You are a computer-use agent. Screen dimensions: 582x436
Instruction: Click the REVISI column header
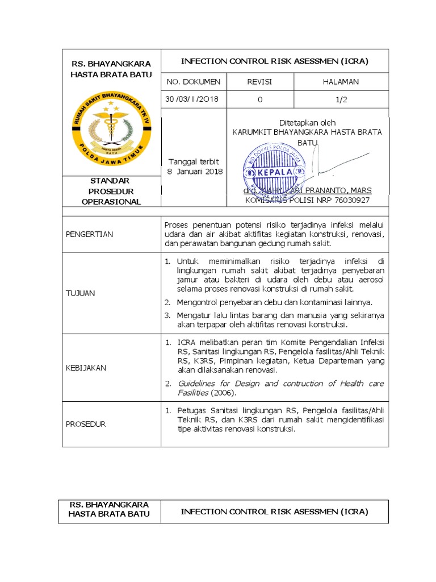259,82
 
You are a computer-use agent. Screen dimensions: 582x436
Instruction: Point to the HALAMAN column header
341,82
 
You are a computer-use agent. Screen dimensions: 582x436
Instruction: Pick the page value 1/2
341,99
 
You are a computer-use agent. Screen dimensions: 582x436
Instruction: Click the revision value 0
259,99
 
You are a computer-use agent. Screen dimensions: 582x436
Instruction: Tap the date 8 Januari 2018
194,172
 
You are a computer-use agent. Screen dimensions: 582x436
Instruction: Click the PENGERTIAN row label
90,234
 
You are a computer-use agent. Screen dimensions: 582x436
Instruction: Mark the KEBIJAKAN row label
86,368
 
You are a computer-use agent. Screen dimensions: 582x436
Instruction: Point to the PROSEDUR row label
86,424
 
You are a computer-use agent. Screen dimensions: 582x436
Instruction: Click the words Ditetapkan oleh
307,122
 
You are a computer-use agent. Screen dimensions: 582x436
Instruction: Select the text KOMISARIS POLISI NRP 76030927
307,200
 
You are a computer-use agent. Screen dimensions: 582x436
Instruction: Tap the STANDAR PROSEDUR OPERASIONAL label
111,191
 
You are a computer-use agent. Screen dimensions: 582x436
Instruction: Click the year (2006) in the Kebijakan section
224,393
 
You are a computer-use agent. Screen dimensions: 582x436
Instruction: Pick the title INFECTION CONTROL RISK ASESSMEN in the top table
275,61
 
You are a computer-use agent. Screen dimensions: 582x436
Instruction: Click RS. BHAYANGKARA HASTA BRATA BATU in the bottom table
109,509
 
